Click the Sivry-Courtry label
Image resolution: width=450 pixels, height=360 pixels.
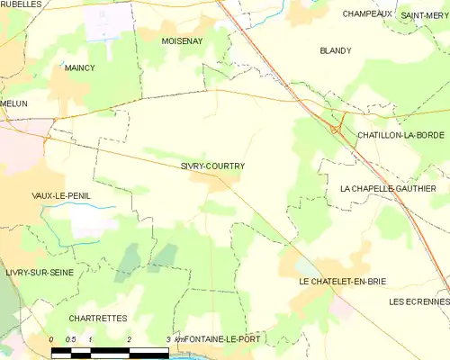(x=212, y=166)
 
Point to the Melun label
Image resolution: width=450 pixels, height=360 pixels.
(x=14, y=104)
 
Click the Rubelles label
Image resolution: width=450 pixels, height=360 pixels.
(x=21, y=4)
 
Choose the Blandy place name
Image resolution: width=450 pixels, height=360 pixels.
(x=335, y=51)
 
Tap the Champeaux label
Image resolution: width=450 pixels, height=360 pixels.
(x=367, y=14)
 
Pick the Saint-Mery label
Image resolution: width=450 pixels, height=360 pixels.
(x=425, y=15)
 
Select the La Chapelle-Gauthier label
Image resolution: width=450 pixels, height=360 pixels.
(x=388, y=188)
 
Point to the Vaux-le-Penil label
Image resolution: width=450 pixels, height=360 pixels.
(x=61, y=195)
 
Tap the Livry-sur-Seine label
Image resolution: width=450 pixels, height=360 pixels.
(x=39, y=272)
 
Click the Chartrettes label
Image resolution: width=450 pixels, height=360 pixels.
(x=98, y=319)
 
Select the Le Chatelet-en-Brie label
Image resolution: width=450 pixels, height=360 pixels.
(x=342, y=282)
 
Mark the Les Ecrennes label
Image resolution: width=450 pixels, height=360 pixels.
(x=419, y=301)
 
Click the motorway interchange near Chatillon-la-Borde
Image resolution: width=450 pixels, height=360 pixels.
(x=337, y=129)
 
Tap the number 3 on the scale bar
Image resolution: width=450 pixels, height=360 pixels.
(x=168, y=338)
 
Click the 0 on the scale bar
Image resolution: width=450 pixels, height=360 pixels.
(x=51, y=338)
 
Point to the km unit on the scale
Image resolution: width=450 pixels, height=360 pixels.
(x=178, y=338)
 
